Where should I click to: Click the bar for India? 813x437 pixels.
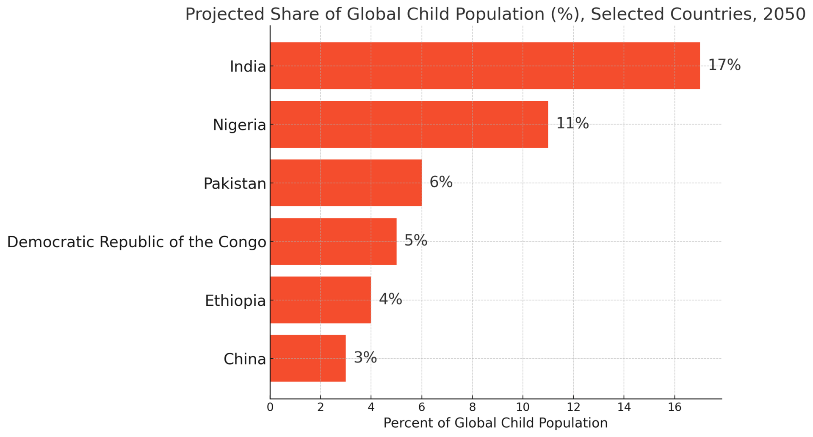coord(485,66)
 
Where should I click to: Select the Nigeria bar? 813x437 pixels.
coord(409,124)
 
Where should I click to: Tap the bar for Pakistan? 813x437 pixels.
coord(346,183)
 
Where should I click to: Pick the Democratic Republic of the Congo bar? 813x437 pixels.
coord(333,241)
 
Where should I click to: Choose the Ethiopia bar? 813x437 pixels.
coord(321,300)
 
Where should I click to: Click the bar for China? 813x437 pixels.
coord(308,358)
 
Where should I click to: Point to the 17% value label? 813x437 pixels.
coord(724,65)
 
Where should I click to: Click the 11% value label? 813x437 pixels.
coord(572,124)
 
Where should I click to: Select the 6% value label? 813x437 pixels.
coord(441,183)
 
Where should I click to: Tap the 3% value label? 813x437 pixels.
coord(365,358)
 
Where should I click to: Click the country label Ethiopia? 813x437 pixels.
coord(235,301)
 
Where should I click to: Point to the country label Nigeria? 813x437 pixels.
coord(239,125)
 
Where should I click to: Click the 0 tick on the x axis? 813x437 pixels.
coord(270,407)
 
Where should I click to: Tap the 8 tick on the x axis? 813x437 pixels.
coord(472,407)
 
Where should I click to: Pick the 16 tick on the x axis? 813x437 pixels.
coord(675,407)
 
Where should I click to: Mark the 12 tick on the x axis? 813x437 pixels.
coord(573,407)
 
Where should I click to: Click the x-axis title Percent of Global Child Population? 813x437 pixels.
coord(495,423)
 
